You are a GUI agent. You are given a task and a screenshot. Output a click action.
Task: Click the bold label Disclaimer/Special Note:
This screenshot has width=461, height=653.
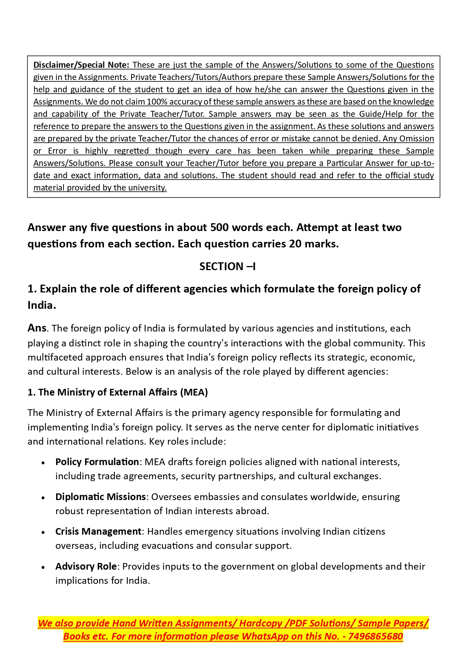coord(81,65)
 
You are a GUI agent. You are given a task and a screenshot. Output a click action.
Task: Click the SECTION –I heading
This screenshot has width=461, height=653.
coord(227,266)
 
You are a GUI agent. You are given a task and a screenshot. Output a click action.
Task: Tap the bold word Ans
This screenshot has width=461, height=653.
coord(37,328)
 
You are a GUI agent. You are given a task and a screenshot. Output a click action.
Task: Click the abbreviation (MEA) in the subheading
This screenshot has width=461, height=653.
coord(194,392)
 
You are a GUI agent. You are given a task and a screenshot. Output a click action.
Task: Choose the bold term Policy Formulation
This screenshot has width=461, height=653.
coord(97,462)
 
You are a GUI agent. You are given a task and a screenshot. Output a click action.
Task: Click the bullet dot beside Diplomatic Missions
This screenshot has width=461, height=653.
coord(43,497)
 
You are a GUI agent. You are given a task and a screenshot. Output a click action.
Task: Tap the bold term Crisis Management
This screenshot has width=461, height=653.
coord(98,531)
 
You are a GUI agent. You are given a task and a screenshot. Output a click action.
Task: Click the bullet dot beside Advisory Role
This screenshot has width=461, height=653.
coord(43,567)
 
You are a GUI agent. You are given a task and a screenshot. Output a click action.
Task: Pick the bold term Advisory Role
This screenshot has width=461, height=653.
coord(86,566)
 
